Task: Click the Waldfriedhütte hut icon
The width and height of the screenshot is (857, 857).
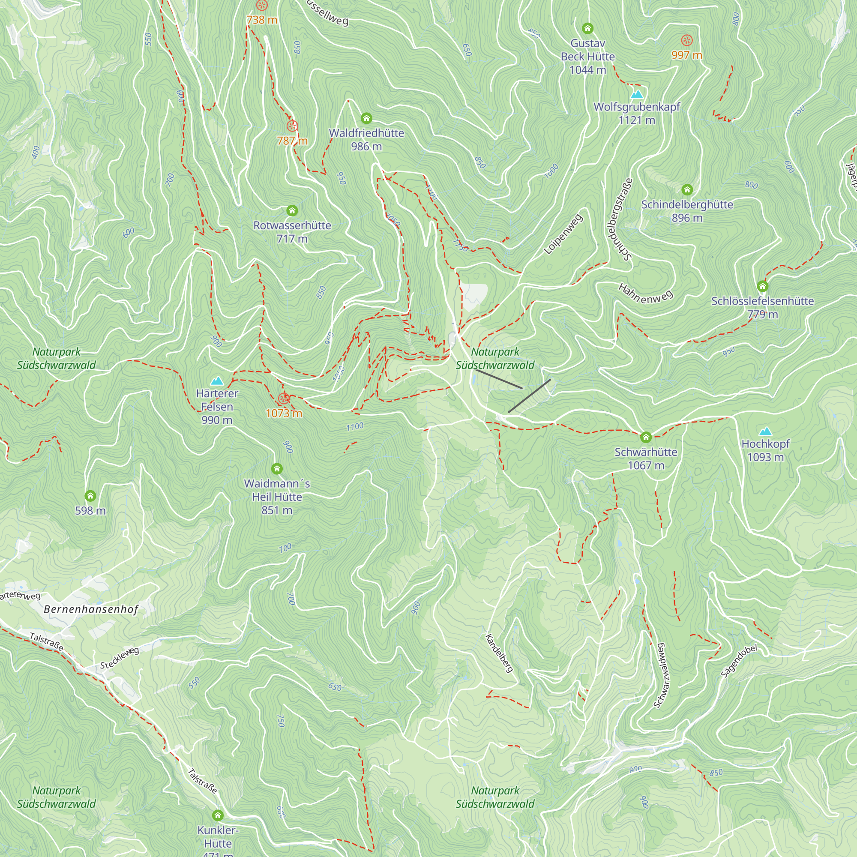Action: pos(366,118)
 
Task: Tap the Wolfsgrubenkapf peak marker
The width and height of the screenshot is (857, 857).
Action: pos(637,94)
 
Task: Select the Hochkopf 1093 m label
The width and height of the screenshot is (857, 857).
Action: pos(765,450)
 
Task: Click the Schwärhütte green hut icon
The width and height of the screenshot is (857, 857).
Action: pos(645,437)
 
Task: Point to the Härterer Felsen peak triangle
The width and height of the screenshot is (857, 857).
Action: pos(217,381)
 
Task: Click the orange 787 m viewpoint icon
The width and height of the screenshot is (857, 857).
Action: pos(292,126)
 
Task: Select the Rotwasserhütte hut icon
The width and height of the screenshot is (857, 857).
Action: pos(292,210)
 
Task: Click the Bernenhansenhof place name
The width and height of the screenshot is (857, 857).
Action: pos(91,609)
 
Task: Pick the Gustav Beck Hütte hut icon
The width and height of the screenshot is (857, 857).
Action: pos(587,28)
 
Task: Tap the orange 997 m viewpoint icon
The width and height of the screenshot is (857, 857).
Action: pos(686,41)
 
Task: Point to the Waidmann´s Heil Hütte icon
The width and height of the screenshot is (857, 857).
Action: pos(277,468)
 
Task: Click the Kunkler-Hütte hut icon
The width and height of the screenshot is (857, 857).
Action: pos(217,815)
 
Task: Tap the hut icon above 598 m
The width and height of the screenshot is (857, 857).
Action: pos(90,495)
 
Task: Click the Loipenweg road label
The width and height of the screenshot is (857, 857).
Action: pos(563,234)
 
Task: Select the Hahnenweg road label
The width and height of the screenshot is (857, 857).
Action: pos(645,294)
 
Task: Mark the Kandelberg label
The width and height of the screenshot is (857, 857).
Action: pos(499,653)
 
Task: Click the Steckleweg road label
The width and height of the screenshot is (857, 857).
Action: pos(119,658)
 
